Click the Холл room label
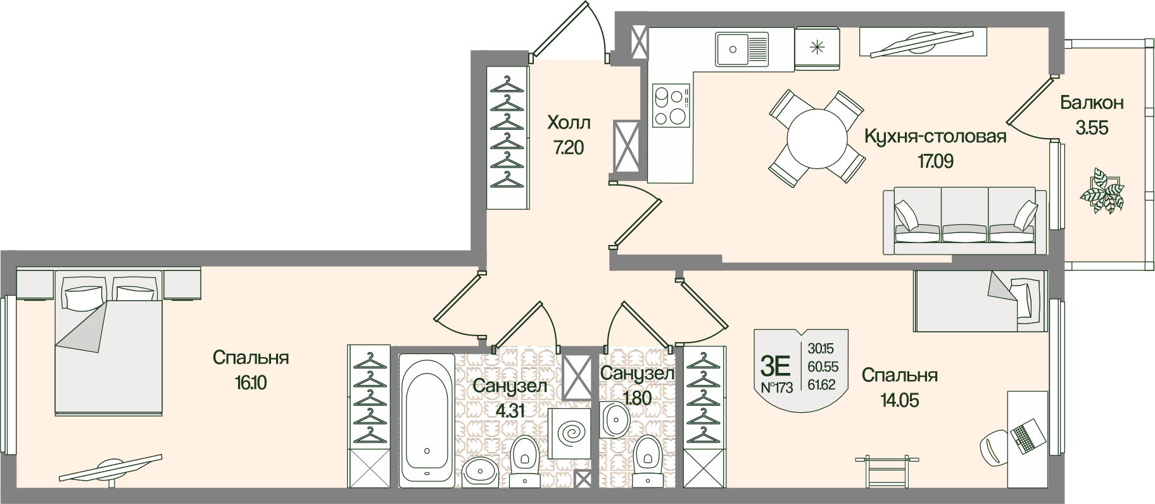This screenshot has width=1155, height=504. pos(569,122)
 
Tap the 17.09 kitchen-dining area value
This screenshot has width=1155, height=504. pos(935,161)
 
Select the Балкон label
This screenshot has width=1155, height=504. pos(1092,103)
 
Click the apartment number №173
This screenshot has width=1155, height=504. pos(776,388)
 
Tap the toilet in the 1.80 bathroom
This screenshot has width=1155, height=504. pos(647,457)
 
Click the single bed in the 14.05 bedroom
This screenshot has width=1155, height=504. pos(979,300)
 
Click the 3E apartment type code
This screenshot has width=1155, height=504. pos(776,366)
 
